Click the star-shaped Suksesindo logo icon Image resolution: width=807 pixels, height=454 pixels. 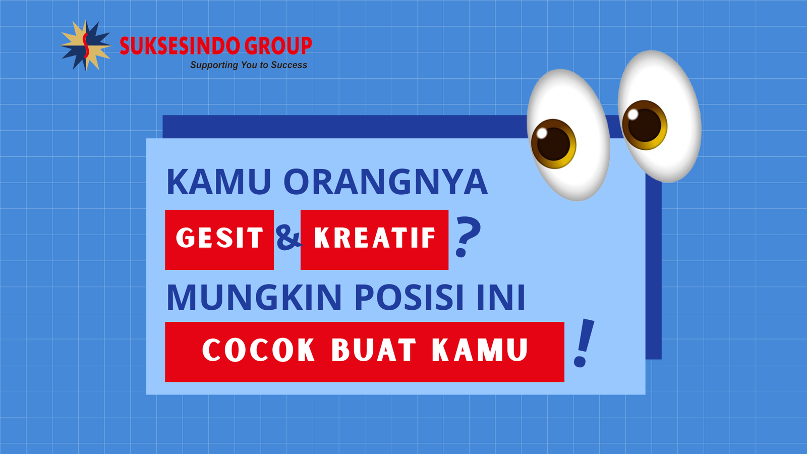tap(85, 45)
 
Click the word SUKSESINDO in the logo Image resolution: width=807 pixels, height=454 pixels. tap(174, 46)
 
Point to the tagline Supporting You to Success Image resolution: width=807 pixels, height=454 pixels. tap(248, 65)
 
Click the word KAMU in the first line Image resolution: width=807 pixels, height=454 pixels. tap(219, 182)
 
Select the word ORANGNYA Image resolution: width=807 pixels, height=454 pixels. tap(385, 182)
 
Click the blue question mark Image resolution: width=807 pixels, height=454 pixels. tap(468, 237)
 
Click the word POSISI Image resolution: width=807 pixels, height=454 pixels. tap(409, 298)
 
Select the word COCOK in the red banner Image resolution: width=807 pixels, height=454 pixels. tap(259, 350)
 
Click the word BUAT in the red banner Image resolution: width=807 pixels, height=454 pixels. tap(374, 350)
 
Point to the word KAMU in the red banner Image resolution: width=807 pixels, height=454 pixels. tap(480, 350)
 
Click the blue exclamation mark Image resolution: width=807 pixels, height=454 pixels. tap(584, 343)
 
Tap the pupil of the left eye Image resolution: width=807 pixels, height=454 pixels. tap(553, 144)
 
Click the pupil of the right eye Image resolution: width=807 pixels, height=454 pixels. tap(644, 125)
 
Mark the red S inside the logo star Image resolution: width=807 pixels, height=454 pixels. tap(86, 45)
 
